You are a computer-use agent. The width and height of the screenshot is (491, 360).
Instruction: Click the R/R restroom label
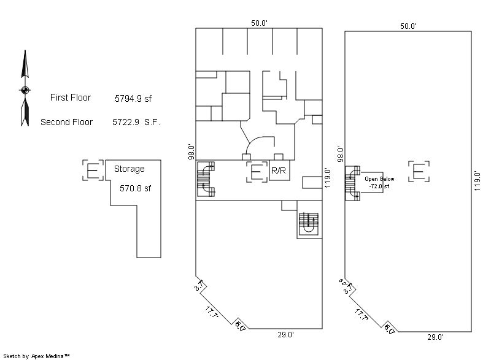279,170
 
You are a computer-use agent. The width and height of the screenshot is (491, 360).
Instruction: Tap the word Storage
130,169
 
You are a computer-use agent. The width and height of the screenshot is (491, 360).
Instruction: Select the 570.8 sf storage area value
135,188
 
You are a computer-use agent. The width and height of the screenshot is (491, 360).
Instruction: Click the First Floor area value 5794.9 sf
133,99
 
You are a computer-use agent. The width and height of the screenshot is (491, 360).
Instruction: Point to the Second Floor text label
66,122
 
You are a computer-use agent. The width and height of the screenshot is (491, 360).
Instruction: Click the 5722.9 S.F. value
136,122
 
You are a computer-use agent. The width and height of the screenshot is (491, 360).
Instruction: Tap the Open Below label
379,179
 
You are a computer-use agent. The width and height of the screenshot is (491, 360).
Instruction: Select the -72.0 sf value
379,186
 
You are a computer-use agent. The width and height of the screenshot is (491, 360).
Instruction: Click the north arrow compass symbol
25,88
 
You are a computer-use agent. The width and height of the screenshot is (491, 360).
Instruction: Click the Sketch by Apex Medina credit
36,356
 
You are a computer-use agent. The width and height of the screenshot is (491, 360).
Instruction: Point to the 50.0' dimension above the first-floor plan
259,23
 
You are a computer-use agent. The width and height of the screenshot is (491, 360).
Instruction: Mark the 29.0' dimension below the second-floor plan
435,337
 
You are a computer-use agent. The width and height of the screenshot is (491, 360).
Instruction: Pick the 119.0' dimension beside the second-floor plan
477,181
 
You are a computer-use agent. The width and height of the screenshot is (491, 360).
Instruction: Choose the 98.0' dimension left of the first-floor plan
191,151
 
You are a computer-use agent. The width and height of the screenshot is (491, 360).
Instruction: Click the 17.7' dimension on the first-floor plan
212,312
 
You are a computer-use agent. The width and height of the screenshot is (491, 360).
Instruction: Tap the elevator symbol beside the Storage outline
93,170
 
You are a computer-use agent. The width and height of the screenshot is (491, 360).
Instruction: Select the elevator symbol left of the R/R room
257,171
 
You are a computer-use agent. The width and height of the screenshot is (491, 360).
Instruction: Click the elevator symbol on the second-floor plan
419,171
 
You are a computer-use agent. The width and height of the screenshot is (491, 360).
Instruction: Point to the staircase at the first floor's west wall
206,179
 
